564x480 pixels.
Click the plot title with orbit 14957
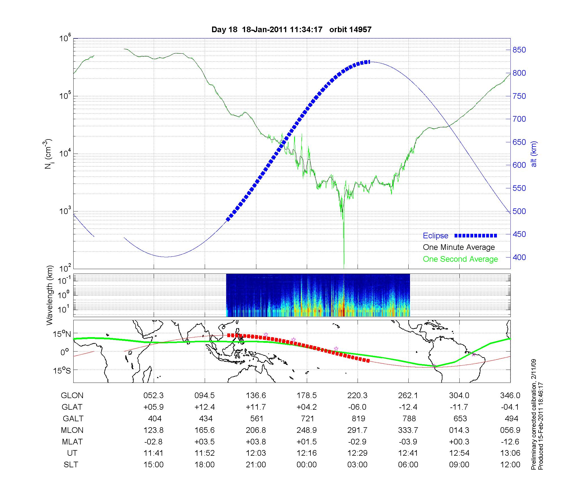pyautogui.click(x=291, y=29)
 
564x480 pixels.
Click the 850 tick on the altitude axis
pyautogui.click(x=519, y=50)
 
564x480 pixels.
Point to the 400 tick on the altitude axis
pyautogui.click(x=519, y=257)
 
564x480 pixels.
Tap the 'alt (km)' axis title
pyautogui.click(x=534, y=154)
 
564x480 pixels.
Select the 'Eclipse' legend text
pyautogui.click(x=435, y=236)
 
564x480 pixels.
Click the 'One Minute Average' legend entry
pyautogui.click(x=459, y=247)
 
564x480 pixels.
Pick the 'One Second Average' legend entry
pyautogui.click(x=460, y=259)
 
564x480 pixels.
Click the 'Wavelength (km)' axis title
pyautogui.click(x=50, y=295)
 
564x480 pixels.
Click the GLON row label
pyautogui.click(x=72, y=396)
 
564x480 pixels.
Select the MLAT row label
pyautogui.click(x=72, y=442)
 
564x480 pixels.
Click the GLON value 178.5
pyautogui.click(x=307, y=396)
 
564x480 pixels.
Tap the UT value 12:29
pyautogui.click(x=358, y=453)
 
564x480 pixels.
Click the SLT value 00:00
pyautogui.click(x=307, y=465)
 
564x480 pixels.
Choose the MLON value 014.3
pyautogui.click(x=459, y=430)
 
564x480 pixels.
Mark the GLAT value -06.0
pyautogui.click(x=357, y=407)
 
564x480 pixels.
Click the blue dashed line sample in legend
pyautogui.click(x=476, y=236)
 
